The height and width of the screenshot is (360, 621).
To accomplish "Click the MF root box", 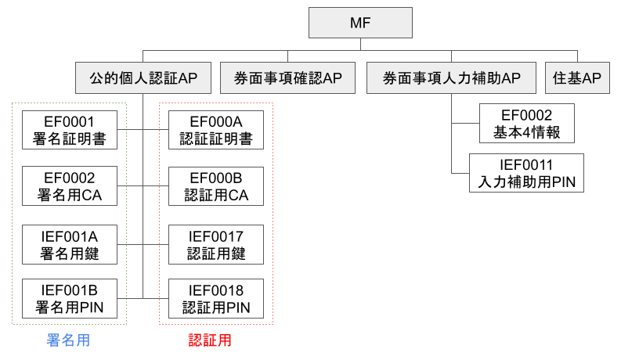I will coord(361,23).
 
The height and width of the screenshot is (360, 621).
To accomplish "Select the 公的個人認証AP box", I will coord(143,78).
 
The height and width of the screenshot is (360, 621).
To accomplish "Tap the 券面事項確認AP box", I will coord(287,78).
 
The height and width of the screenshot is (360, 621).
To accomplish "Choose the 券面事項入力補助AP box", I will coord(451,78).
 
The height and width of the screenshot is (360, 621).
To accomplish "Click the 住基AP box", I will coord(577,78).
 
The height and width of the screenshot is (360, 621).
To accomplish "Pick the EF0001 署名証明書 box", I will coord(70,130).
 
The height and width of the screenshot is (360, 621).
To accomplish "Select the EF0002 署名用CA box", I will coord(70,185).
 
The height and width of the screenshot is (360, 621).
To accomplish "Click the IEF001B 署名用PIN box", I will coord(70,298).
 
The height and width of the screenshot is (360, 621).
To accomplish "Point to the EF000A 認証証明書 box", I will coord(216,130).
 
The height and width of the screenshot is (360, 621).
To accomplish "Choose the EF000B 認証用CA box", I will coord(216,185).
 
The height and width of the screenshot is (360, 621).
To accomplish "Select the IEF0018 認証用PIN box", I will coord(216,298).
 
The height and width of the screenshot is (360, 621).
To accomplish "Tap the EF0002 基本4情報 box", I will coord(527,124).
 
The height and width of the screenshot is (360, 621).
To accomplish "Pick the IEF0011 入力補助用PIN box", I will coord(527,173).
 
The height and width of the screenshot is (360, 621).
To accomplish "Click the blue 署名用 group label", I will coord(68,340).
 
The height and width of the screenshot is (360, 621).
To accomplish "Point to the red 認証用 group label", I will coord(210,340).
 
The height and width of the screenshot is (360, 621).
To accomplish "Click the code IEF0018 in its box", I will coord(216,290).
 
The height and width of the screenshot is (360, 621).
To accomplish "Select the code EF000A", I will coord(216,121).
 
